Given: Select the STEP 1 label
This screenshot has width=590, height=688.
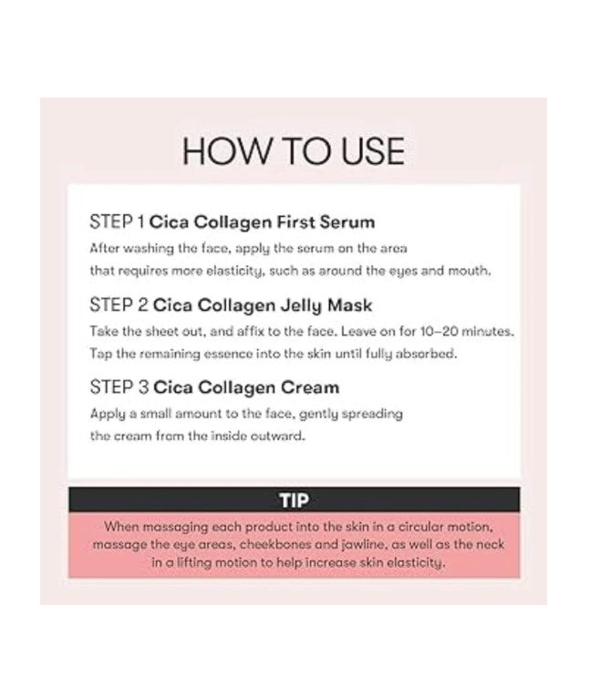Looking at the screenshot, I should [x=117, y=221].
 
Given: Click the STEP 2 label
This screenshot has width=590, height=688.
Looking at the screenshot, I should [x=118, y=304].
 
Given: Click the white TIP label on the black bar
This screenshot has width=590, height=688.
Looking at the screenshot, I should [x=293, y=499].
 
